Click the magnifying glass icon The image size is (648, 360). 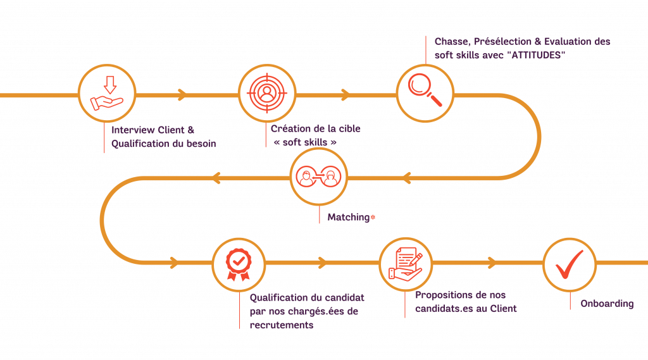(425, 90)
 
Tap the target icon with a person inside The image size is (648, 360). (267, 93)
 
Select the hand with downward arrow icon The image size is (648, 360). (107, 94)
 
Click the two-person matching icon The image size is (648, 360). (319, 177)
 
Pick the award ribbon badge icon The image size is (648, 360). (239, 264)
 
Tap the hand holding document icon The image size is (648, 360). (406, 264)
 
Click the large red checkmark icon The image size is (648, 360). (569, 264)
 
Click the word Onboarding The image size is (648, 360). (607, 304)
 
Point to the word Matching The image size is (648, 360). (349, 218)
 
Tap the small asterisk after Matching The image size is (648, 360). (373, 217)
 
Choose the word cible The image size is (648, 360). (349, 128)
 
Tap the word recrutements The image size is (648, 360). (282, 325)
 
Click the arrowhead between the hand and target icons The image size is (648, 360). (182, 95)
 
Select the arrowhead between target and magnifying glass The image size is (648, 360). (345, 95)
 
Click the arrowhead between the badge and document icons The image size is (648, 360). (322, 263)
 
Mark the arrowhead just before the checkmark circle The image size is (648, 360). (491, 263)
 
